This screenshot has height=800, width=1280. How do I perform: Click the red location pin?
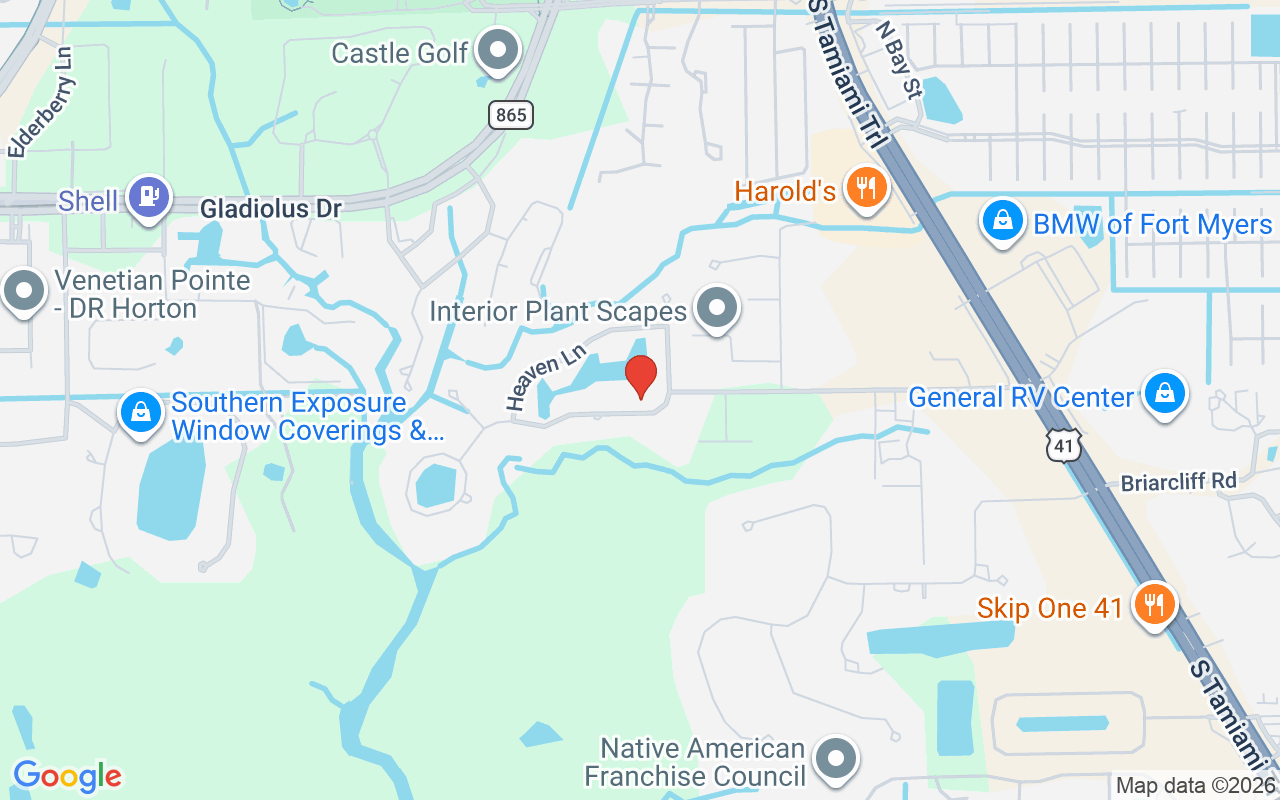[x=641, y=376]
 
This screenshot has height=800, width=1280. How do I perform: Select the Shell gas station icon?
[x=149, y=197]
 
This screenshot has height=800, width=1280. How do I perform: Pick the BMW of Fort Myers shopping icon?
[x=1003, y=221]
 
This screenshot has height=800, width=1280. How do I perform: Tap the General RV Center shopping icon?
[x=1164, y=393]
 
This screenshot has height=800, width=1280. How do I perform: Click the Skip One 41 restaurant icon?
[x=1154, y=604]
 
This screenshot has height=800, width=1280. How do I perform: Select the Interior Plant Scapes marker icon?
[x=716, y=307]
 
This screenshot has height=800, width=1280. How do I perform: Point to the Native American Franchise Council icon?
[x=835, y=759]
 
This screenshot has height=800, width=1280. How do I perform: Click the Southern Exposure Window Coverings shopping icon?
[x=141, y=412]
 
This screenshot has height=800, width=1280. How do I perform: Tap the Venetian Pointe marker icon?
[x=23, y=292]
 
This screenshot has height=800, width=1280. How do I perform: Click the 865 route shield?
[x=511, y=115]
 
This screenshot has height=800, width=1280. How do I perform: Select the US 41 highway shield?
[x=1063, y=445]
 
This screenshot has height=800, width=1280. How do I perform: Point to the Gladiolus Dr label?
[x=271, y=209]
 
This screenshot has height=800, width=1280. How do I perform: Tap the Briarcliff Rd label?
[x=1179, y=481]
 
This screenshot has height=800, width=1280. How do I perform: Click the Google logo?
[x=67, y=776]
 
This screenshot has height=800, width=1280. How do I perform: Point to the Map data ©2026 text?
[x=1196, y=786]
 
